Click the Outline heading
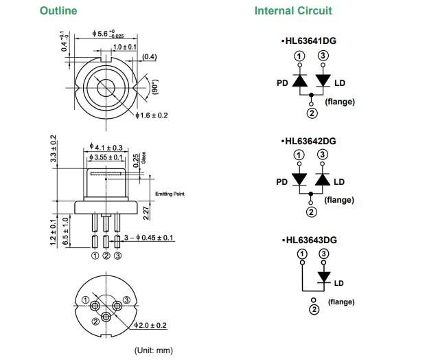58,10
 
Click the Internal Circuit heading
293,10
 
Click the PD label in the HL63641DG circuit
281,83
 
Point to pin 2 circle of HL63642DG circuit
311,212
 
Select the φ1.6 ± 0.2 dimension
152,115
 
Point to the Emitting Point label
170,194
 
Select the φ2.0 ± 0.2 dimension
150,325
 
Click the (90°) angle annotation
155,85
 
